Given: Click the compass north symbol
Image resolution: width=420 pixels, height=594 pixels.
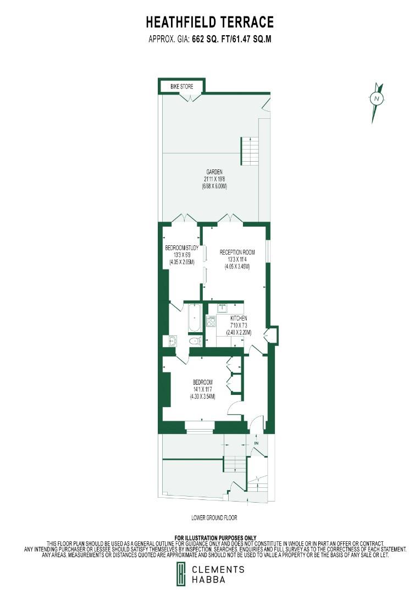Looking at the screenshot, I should (x=377, y=99).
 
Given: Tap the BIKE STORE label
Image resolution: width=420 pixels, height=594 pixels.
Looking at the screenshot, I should (x=181, y=87).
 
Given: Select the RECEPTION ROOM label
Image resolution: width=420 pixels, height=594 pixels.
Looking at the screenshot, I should (x=237, y=252).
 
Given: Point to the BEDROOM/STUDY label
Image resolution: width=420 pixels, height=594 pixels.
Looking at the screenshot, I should (x=181, y=248).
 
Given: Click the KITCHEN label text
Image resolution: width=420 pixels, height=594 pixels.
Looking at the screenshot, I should (x=239, y=318).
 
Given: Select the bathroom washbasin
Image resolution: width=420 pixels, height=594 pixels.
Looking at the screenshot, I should (x=172, y=341).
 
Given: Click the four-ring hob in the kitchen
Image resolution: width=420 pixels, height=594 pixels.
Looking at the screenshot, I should (x=211, y=321).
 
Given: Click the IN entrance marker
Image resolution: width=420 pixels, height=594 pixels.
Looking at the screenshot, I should (x=256, y=443).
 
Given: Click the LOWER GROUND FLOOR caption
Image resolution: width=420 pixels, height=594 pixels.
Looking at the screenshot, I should (x=214, y=518).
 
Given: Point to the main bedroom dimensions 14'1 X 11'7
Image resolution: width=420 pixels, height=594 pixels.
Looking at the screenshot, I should (x=203, y=389).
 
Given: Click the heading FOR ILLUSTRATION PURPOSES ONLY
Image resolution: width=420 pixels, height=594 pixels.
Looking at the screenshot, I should (x=215, y=537).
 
